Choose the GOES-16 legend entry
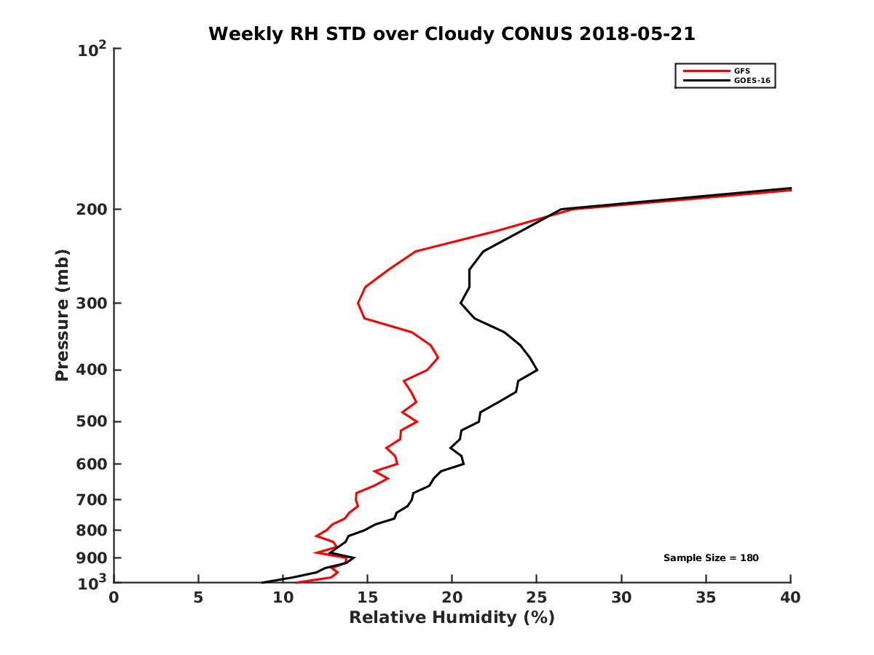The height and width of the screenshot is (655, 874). coord(750,80)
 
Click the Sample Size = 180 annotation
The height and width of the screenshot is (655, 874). coord(711,558)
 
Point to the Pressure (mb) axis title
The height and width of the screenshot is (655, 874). coord(62,315)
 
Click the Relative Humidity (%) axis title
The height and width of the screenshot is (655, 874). coord(452,618)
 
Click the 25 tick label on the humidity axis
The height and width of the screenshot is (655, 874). coord(537,598)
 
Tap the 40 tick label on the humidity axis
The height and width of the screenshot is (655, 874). coord(790,598)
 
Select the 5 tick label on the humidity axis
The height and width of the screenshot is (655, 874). coord(198,598)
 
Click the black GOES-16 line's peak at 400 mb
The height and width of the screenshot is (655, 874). coord(537,370)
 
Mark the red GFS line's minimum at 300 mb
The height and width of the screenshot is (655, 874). coord(358,303)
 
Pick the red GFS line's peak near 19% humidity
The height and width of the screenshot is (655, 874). coord(438,357)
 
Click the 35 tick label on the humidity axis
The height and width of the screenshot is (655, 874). coord(706,598)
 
